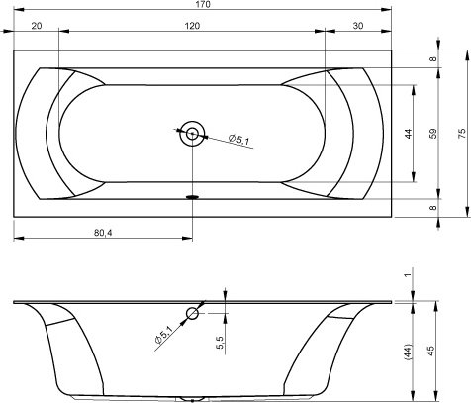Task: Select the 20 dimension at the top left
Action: tap(37, 26)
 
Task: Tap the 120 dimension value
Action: tap(192, 26)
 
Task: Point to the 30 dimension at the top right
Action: tap(358, 26)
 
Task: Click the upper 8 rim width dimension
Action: tap(433, 59)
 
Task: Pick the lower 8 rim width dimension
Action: tap(433, 208)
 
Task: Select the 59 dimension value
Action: tap(433, 134)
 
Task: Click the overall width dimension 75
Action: tap(462, 134)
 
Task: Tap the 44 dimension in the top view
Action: tap(409, 134)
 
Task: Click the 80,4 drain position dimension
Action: tap(103, 233)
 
